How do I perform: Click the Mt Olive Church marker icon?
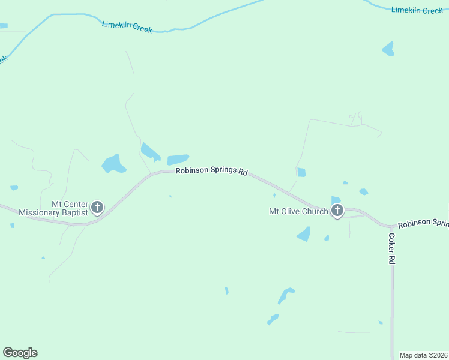[337, 211]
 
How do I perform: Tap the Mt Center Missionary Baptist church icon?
[97, 208]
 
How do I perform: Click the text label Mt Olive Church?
[298, 211]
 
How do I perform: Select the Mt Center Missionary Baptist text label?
[53, 208]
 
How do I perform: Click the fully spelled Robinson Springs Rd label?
[211, 171]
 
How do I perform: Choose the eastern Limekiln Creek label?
[417, 10]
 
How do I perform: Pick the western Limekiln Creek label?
[127, 27]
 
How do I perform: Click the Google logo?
[20, 353]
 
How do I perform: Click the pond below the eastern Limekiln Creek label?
[389, 49]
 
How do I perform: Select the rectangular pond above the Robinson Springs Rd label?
[178, 160]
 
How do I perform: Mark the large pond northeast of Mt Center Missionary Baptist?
[113, 163]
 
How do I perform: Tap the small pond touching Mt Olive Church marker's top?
[335, 200]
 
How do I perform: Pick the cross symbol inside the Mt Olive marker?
[337, 209]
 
